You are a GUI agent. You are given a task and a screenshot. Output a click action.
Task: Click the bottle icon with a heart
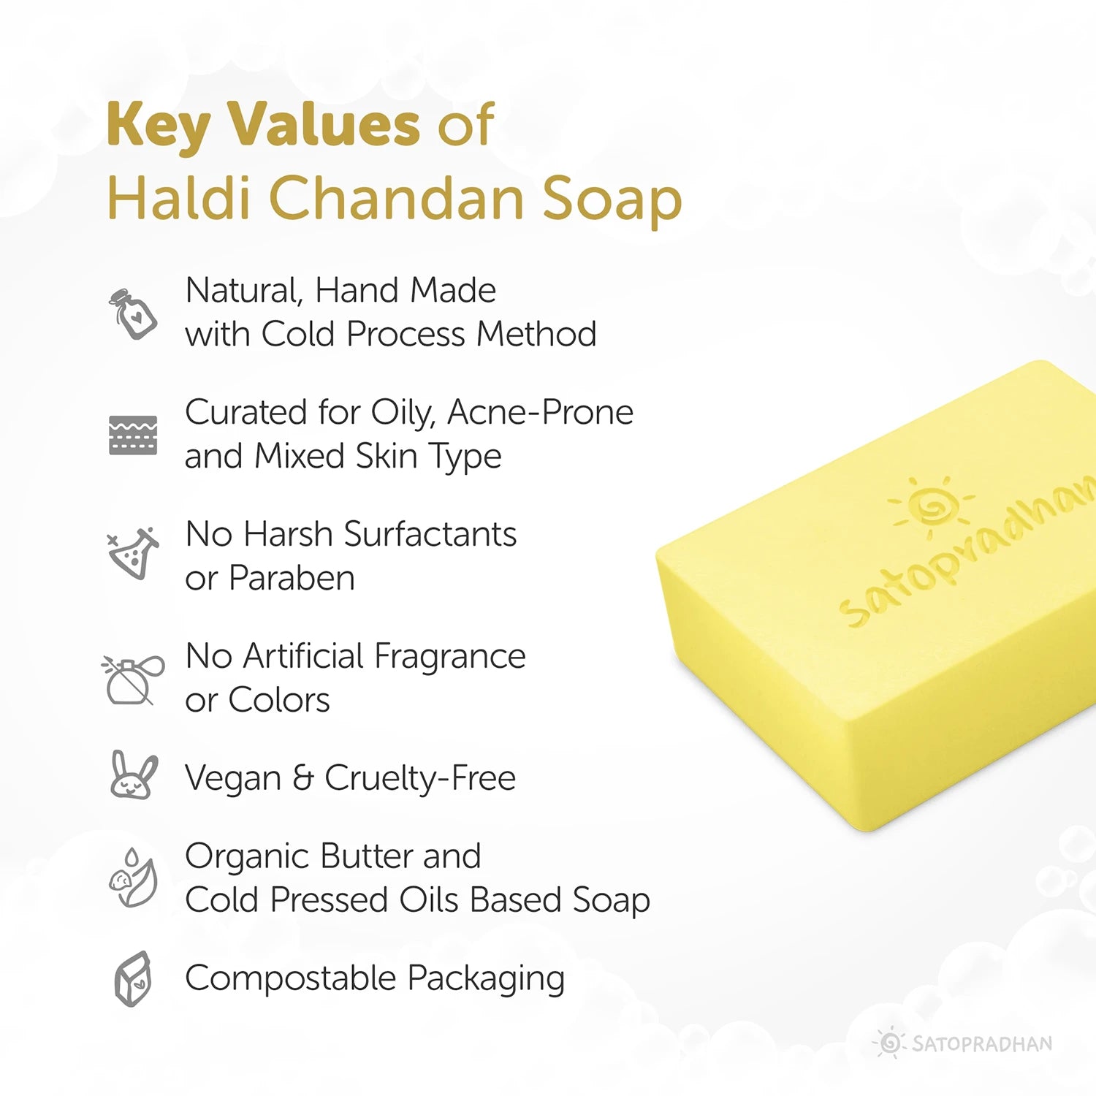point(133,313)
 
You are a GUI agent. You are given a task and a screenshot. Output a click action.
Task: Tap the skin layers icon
point(133,435)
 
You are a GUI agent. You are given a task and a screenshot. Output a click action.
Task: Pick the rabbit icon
point(133,776)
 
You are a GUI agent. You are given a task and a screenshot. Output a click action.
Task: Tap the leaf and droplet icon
point(133,878)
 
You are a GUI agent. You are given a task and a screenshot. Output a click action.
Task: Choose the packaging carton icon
point(133,978)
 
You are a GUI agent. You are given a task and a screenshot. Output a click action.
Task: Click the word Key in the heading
point(158,124)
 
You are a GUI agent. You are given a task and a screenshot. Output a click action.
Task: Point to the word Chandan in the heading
point(397,198)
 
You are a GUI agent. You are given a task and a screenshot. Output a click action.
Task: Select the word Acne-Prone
point(540,413)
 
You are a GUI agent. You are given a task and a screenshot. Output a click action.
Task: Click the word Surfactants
point(430,534)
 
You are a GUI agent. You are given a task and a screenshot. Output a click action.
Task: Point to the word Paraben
point(292,579)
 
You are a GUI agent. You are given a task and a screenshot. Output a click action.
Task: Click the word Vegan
point(233,779)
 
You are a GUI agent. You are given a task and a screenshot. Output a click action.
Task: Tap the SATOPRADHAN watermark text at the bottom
point(982,1044)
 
